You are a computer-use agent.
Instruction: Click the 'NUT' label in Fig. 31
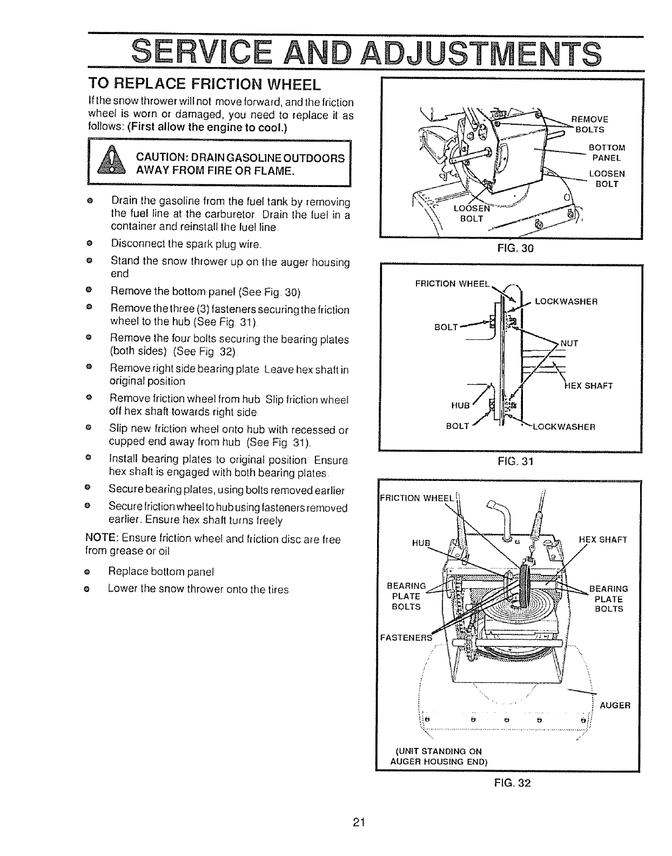click(570, 343)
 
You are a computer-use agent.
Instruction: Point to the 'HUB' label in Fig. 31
click(459, 406)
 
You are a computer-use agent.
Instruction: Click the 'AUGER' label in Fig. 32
click(615, 705)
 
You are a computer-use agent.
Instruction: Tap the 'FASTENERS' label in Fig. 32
click(407, 637)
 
